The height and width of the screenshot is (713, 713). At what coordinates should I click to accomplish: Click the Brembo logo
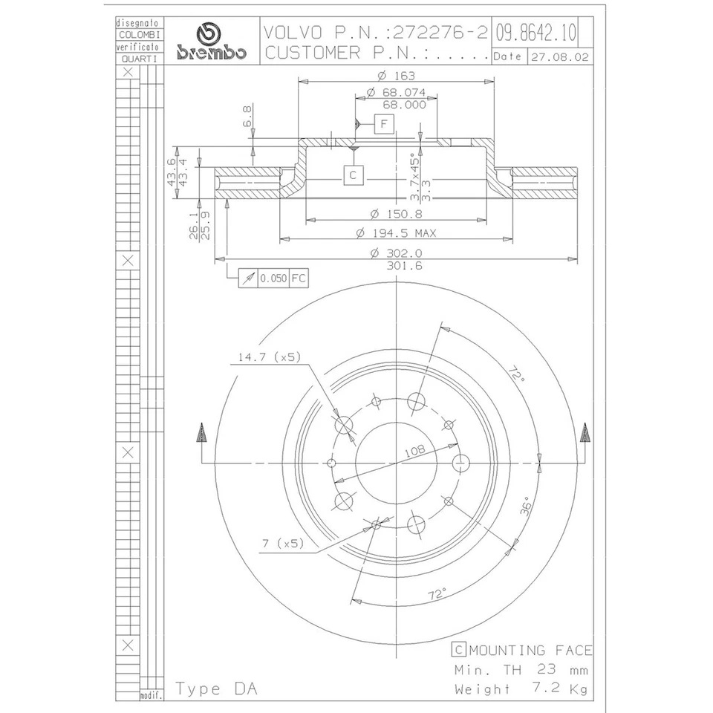[207, 43]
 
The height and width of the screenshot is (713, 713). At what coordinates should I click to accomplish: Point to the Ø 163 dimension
[396, 76]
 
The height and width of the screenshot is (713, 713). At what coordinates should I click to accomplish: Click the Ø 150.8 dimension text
[396, 214]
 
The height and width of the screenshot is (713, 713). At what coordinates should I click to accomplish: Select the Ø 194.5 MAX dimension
[396, 233]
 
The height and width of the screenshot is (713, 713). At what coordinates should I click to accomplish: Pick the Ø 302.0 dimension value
[396, 253]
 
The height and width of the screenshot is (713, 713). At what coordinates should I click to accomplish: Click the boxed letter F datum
[384, 123]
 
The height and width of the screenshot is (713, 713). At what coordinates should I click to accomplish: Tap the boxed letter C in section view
[354, 175]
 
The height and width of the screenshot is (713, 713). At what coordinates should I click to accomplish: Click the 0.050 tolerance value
[273, 279]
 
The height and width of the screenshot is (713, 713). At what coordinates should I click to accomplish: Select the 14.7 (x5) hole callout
[268, 357]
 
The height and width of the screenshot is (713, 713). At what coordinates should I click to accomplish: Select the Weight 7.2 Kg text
[523, 688]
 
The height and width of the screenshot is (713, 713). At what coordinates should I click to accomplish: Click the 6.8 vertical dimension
[247, 117]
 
